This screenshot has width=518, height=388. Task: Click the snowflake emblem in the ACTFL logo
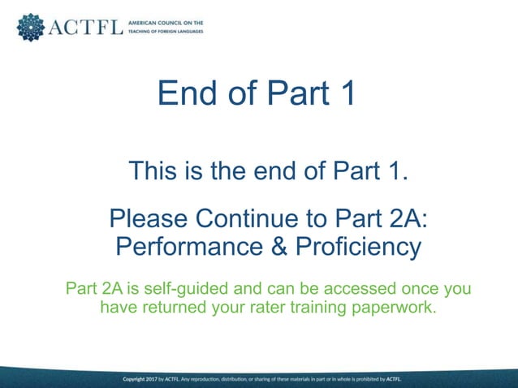[x=31, y=27]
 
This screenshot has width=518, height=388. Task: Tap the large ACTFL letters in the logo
[x=86, y=28]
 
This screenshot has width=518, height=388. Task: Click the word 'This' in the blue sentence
[x=154, y=172]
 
